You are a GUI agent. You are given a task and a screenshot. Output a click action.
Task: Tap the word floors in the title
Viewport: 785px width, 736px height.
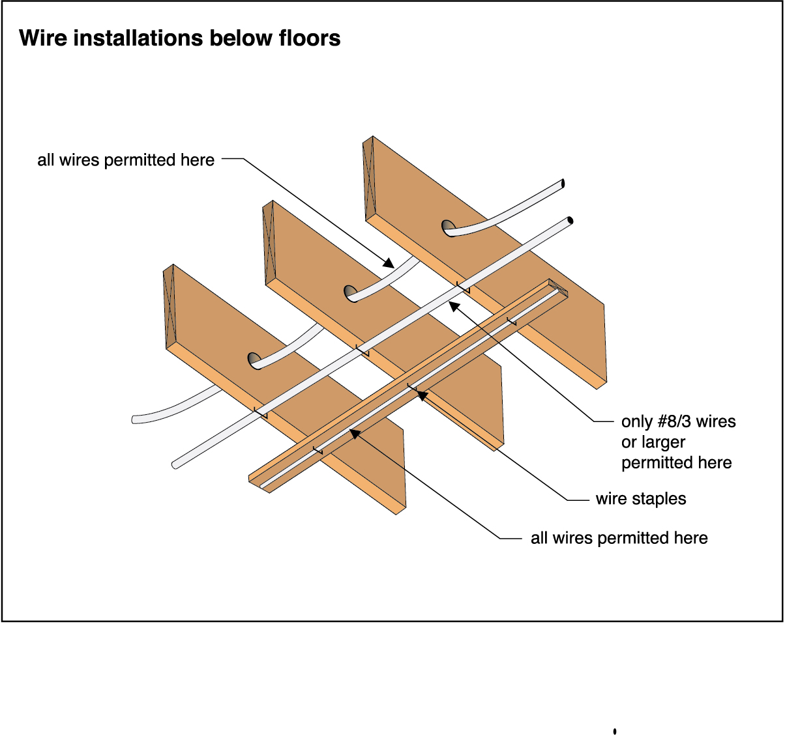pos(309,38)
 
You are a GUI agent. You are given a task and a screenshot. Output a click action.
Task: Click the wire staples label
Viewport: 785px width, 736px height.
pos(641,499)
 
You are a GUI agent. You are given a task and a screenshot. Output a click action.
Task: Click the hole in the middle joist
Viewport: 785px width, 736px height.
pos(350,292)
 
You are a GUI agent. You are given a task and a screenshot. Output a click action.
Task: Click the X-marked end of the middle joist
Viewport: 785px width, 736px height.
pos(268,242)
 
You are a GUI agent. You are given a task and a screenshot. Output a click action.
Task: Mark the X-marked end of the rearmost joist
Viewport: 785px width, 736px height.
pos(368,177)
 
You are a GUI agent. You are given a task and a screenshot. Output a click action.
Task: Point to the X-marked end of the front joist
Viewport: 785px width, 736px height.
pos(170,306)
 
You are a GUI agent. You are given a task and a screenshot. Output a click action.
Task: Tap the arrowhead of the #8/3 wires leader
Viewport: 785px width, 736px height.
pos(454,305)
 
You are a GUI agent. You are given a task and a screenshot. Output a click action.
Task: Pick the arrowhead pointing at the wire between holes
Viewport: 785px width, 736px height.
pos(389,264)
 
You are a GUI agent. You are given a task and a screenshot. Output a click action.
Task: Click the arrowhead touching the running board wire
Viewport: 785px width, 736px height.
pos(354,432)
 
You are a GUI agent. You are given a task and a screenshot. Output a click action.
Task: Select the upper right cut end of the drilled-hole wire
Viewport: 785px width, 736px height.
pos(562,184)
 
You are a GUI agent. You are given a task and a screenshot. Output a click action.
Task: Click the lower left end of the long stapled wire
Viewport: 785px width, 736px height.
pos(175,465)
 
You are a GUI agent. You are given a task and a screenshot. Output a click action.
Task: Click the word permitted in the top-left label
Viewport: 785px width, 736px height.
pos(141,160)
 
